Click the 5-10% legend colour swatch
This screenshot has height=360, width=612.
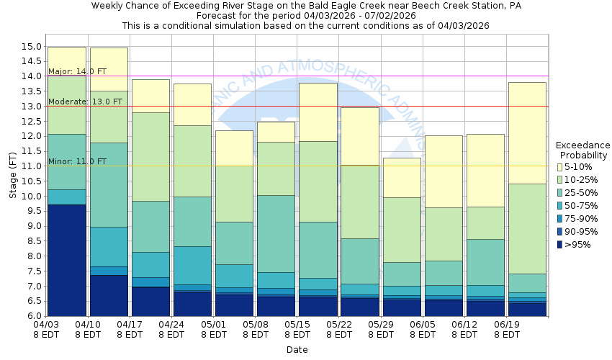click(x=559, y=167)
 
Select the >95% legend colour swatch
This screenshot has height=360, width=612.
click(x=559, y=245)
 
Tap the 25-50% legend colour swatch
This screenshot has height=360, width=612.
click(x=559, y=193)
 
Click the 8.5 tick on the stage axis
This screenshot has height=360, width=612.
click(x=32, y=241)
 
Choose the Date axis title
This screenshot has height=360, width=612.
click(x=297, y=350)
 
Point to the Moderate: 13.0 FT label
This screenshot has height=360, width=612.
click(x=78, y=102)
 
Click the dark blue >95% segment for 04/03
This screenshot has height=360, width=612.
click(x=66, y=259)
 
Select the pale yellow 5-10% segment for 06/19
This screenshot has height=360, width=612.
click(x=526, y=132)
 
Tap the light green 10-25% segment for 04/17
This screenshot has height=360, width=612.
click(x=150, y=156)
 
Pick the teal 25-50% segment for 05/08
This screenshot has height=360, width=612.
click(x=275, y=233)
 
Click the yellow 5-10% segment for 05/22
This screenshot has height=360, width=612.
click(x=359, y=136)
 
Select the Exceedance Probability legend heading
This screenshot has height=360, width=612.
click(x=582, y=150)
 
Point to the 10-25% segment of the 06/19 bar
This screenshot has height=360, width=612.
click(x=526, y=228)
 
